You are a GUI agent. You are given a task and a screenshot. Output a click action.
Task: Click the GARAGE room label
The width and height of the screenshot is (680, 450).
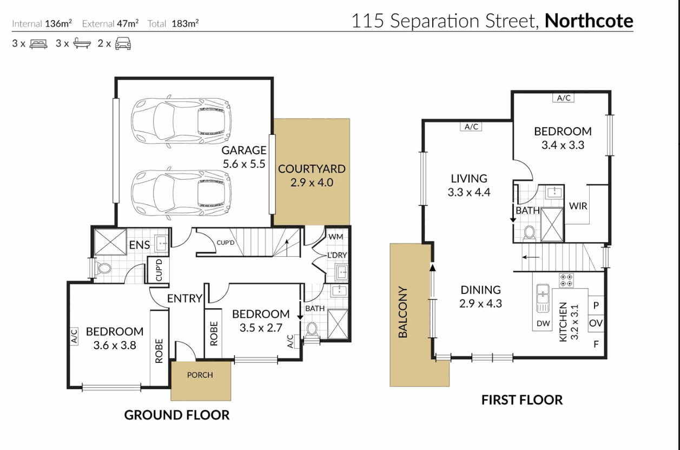244,150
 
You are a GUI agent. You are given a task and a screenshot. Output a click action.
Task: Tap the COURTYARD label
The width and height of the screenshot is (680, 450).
312,169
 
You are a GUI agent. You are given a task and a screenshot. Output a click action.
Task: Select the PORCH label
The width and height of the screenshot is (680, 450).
200,375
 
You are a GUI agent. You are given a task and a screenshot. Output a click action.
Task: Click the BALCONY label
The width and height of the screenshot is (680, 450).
402,312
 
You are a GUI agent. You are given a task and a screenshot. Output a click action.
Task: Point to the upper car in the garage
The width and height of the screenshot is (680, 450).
181,121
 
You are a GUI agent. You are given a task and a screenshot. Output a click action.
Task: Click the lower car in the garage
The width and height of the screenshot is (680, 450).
181,193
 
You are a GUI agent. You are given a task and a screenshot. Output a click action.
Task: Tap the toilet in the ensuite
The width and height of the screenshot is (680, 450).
103,268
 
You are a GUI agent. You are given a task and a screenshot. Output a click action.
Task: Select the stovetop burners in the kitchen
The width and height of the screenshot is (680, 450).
566,280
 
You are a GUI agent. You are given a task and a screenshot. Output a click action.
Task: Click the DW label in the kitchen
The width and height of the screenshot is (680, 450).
543,324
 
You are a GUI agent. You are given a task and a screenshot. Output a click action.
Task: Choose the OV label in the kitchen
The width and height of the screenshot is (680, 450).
596,323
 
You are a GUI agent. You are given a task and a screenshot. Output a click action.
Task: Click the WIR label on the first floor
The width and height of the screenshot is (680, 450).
578,206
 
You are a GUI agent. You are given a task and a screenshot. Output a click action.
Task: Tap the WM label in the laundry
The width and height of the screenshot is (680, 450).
336,237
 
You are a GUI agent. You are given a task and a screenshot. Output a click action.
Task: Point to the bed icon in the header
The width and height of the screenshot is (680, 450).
38,44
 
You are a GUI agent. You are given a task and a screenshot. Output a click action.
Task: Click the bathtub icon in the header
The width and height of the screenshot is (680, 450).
82,43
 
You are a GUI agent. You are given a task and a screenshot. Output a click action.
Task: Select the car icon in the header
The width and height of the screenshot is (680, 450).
123,43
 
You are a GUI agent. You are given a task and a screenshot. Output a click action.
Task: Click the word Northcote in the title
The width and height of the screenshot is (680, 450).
589,21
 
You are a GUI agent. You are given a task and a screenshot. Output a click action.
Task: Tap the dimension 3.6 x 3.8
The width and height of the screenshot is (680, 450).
115,345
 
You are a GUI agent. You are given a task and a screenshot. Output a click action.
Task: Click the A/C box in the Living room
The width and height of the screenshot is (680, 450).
471,126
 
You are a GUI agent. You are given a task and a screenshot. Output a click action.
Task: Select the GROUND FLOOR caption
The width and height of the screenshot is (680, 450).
177,415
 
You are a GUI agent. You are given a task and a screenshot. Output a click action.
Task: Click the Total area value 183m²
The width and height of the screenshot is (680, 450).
185,23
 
